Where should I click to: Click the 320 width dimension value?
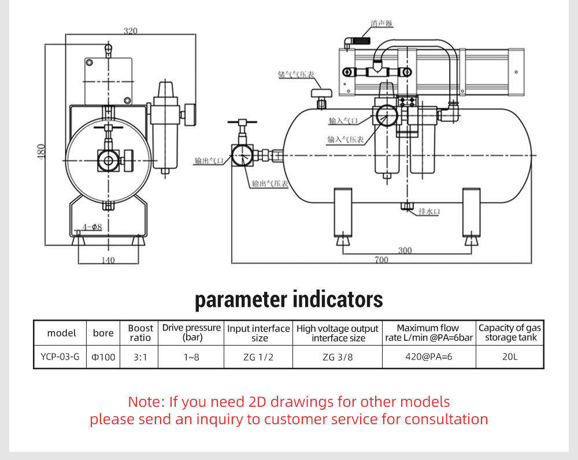click(131, 31)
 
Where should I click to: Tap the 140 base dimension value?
click(108, 261)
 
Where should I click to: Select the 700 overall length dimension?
click(381, 260)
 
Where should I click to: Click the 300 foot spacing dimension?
click(405, 250)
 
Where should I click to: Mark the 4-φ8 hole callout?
click(91, 227)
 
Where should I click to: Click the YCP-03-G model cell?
click(60, 357)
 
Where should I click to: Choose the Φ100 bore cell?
click(103, 357)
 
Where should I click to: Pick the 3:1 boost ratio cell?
click(140, 357)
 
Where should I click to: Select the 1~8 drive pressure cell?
click(191, 357)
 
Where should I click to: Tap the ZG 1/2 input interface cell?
click(258, 357)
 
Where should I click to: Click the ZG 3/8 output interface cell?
click(338, 357)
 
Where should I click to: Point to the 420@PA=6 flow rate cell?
click(429, 357)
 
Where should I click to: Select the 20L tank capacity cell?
click(510, 357)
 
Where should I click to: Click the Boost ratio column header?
click(140, 333)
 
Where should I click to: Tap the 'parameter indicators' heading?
click(288, 299)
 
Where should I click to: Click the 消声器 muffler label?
click(381, 24)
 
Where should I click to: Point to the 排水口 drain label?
click(429, 212)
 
